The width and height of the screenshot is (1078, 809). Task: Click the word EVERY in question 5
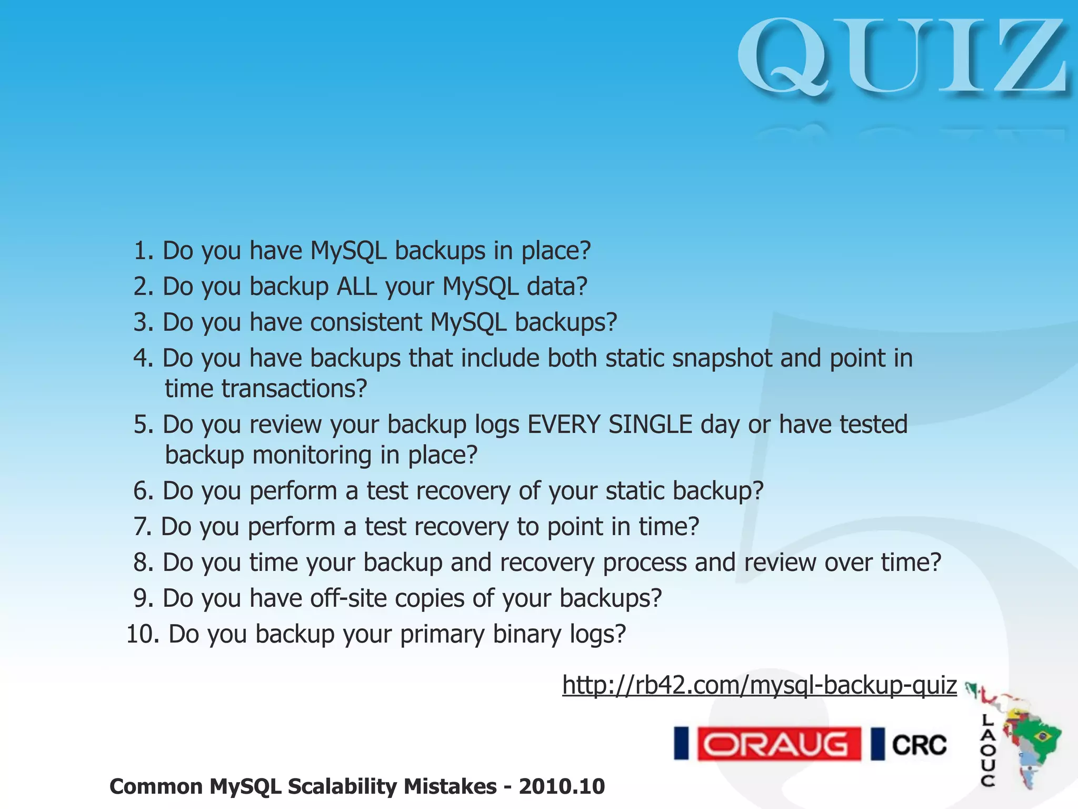click(563, 425)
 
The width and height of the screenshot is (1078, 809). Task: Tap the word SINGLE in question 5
click(650, 425)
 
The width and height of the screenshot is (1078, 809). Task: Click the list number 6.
click(143, 491)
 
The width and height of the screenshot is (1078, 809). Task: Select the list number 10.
click(143, 634)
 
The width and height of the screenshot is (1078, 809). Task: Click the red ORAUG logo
click(778, 744)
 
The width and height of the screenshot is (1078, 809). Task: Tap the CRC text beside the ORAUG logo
click(919, 745)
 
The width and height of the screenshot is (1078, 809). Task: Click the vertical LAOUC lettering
click(987, 751)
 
